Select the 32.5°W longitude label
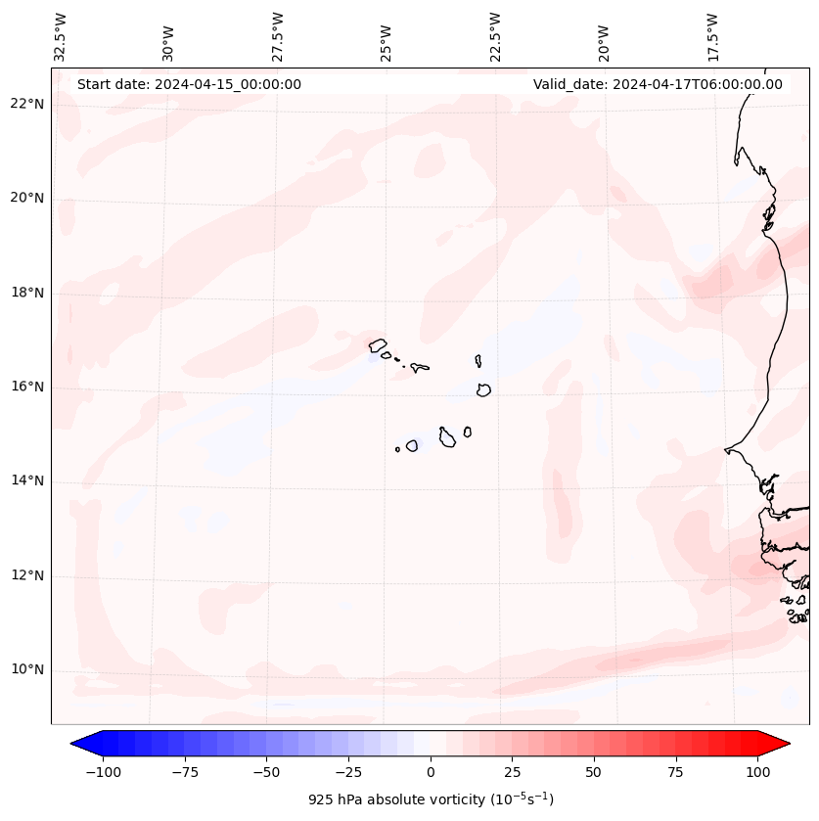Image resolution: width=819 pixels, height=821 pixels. pos(61,36)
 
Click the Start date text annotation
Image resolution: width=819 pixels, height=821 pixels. pos(189,84)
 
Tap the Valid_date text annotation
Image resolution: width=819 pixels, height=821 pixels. pos(658,84)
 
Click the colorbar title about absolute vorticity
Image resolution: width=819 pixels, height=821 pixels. pos(431,799)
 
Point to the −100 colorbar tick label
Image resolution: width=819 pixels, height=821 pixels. pos(103,772)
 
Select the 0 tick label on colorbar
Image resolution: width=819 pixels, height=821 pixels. pos(431,772)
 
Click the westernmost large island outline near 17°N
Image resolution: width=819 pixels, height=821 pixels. pos(378,344)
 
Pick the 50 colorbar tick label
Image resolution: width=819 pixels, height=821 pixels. pos(594,772)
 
